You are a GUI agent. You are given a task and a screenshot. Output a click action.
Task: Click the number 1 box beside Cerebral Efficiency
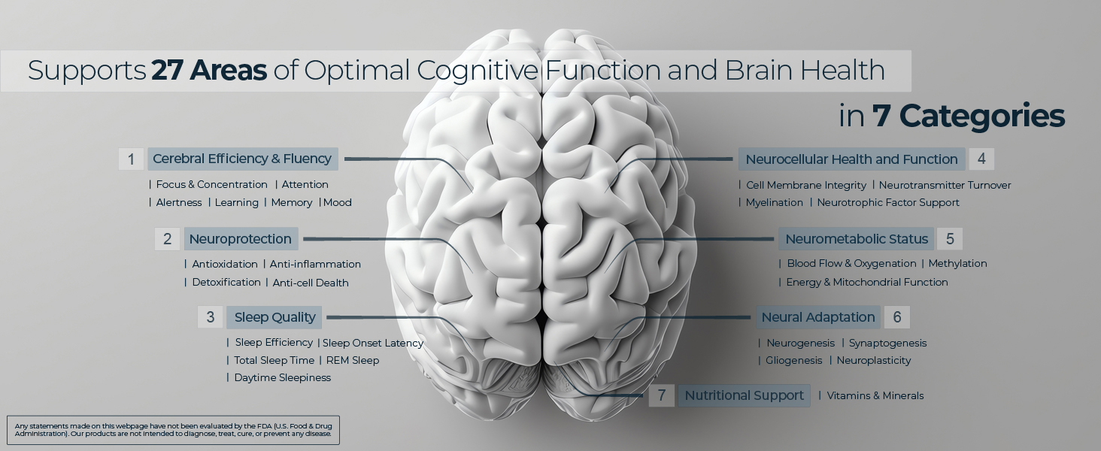[131, 159]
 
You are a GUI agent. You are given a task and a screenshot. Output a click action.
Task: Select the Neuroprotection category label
[240, 239]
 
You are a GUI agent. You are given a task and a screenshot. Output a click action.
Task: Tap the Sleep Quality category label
[274, 317]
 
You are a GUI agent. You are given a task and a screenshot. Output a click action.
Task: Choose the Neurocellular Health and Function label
[851, 159]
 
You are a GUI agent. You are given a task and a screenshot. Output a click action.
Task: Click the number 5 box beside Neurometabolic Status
[950, 239]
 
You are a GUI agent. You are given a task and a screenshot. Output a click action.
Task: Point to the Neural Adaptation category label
[818, 317]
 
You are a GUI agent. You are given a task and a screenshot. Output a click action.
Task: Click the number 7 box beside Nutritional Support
[662, 395]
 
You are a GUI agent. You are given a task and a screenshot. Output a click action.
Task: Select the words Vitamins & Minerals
[875, 396]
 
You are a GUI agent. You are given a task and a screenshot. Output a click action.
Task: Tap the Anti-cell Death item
[311, 283]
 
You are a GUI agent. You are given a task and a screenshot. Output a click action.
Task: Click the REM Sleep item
[353, 361]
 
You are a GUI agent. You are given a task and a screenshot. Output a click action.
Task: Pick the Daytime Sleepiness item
[283, 378]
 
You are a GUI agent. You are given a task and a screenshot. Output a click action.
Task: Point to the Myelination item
[775, 203]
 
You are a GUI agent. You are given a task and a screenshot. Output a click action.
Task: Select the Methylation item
[957, 264]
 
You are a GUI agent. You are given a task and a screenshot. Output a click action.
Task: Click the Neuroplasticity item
[874, 361]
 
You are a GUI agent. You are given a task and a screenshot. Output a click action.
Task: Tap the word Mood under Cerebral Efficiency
[338, 203]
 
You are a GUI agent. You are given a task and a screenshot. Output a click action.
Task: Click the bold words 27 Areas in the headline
[209, 71]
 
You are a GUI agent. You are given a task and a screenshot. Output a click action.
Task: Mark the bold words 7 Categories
[968, 117]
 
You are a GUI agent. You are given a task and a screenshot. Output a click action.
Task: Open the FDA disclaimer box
[173, 430]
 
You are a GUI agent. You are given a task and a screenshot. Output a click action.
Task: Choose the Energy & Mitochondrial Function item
[866, 283]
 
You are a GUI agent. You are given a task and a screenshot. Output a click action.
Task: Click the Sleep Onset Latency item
[373, 344]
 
